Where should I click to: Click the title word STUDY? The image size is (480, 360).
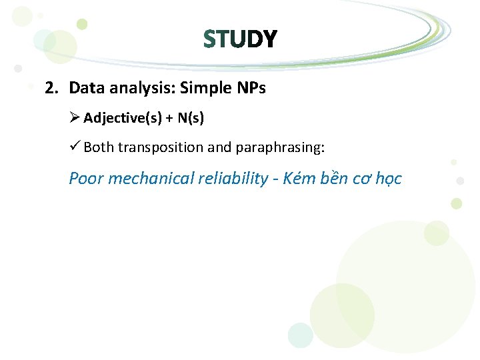click(x=240, y=40)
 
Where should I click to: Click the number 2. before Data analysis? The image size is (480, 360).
click(x=53, y=88)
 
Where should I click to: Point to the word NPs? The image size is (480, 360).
click(x=249, y=88)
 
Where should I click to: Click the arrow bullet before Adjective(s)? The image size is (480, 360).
click(x=75, y=119)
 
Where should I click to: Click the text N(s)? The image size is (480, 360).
click(x=191, y=119)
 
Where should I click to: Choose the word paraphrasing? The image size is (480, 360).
click(x=280, y=147)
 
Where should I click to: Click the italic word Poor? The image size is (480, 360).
click(x=86, y=179)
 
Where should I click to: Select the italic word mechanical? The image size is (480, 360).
click(x=150, y=179)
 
